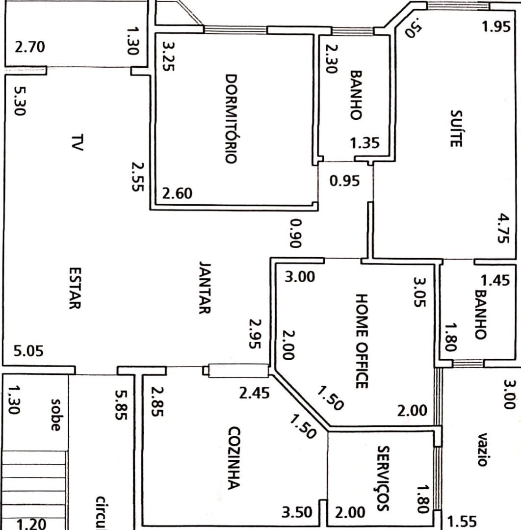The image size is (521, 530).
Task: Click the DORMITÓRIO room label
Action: click(231, 119)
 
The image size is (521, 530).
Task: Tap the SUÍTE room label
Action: click(456, 129)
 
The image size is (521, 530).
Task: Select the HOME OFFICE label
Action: click(361, 341)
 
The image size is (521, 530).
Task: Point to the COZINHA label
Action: click(234, 458)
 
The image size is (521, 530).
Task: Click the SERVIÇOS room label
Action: click(383, 478)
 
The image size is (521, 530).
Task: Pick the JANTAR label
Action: click(205, 288)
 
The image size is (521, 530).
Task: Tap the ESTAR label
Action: click(75, 289)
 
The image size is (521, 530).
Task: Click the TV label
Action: click(78, 142)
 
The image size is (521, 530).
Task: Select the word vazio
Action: click(482, 450)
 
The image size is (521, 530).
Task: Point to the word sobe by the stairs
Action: click(56, 415)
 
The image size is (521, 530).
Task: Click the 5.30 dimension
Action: click(20, 101)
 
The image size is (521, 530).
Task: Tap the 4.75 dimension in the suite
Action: click(503, 228)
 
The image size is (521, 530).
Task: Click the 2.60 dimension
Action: click(177, 194)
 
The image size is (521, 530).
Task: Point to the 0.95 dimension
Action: click(344, 181)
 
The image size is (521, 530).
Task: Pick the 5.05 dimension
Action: click(29, 351)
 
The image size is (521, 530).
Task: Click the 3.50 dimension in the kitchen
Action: click(297, 512)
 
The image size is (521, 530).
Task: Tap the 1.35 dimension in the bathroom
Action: click(365, 143)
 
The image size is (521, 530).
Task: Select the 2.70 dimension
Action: click(30, 47)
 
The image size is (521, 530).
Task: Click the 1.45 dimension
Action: click(495, 281)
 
